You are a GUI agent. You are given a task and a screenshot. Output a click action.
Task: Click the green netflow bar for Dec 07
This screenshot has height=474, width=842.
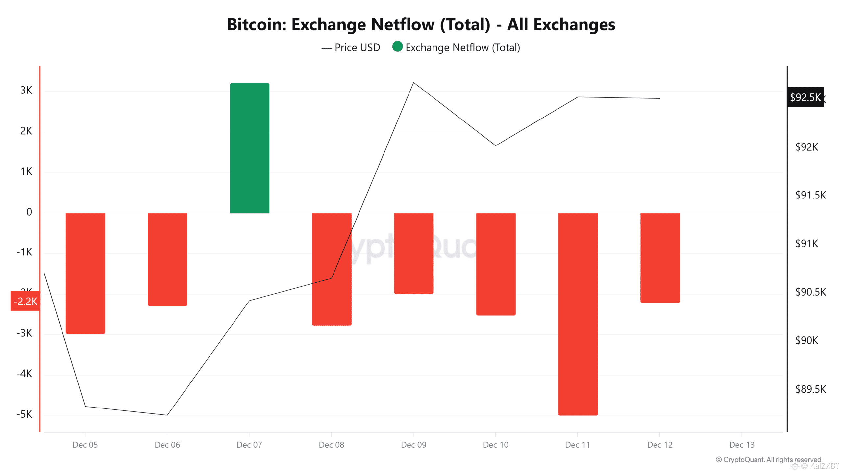tap(249, 148)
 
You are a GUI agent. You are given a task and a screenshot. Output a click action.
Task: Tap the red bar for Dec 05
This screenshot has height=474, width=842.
tap(85, 273)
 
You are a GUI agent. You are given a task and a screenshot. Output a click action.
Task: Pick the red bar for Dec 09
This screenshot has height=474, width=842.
tap(413, 253)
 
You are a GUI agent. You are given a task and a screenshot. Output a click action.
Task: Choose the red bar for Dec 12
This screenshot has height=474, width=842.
tap(660, 258)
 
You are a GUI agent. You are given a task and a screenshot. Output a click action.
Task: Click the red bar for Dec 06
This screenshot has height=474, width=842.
tap(167, 259)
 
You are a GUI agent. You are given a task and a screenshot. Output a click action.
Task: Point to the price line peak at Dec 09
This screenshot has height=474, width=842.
tap(413, 83)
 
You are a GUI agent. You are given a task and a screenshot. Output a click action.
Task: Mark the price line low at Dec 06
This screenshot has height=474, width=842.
tap(167, 415)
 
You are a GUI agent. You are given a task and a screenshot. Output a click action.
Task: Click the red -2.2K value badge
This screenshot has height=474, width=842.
tap(25, 301)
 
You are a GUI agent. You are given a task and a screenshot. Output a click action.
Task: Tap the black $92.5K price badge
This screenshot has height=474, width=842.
tap(805, 97)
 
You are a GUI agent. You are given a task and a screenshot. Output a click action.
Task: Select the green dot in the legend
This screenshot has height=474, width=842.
tap(397, 47)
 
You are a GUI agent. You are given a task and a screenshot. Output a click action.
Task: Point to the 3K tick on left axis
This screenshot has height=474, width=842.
tap(26, 90)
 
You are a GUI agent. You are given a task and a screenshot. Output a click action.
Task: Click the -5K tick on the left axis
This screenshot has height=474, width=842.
tap(24, 414)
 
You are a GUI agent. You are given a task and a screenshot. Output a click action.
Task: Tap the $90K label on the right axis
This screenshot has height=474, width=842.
tap(806, 340)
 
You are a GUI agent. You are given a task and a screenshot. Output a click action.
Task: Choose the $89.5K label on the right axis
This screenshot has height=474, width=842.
tap(810, 389)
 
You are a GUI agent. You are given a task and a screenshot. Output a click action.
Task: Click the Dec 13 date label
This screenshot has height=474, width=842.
tap(742, 445)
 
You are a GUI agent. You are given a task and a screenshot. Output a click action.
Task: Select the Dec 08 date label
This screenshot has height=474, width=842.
tap(331, 445)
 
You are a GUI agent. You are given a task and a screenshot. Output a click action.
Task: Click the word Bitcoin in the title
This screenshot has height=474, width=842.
tap(256, 25)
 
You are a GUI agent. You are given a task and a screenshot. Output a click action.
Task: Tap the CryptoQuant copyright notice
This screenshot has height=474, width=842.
tap(768, 460)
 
